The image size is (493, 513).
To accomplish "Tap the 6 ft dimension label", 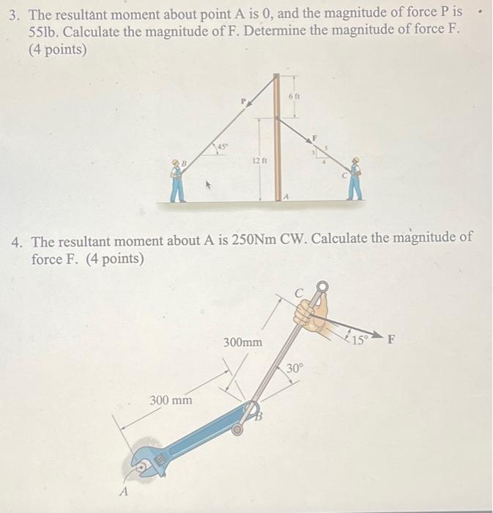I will click(x=294, y=96).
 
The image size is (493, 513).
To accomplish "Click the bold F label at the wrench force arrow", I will click(x=391, y=339).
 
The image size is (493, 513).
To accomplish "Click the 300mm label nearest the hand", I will click(x=242, y=342).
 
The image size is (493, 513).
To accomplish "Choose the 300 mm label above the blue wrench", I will click(x=171, y=399).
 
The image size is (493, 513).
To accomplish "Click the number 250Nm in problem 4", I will click(x=251, y=240).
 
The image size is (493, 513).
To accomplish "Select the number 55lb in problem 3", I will click(x=45, y=34).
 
